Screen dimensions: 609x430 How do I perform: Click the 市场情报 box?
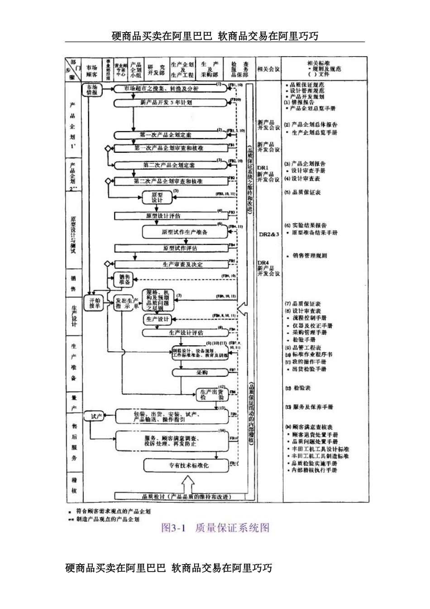point(92,89)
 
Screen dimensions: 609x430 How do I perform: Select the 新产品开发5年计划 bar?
point(170,103)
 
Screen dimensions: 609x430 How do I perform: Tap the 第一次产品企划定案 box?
point(169,135)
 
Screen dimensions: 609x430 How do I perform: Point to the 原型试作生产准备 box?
point(185,232)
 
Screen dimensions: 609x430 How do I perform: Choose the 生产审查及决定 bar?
point(177,264)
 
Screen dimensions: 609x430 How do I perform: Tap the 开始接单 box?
point(94,303)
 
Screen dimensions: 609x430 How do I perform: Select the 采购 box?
point(201,372)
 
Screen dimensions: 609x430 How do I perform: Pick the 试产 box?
point(96,416)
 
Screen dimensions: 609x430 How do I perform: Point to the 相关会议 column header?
point(268,69)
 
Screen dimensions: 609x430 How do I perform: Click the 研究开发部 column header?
point(156,69)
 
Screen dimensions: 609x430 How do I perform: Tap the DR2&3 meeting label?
point(268,234)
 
